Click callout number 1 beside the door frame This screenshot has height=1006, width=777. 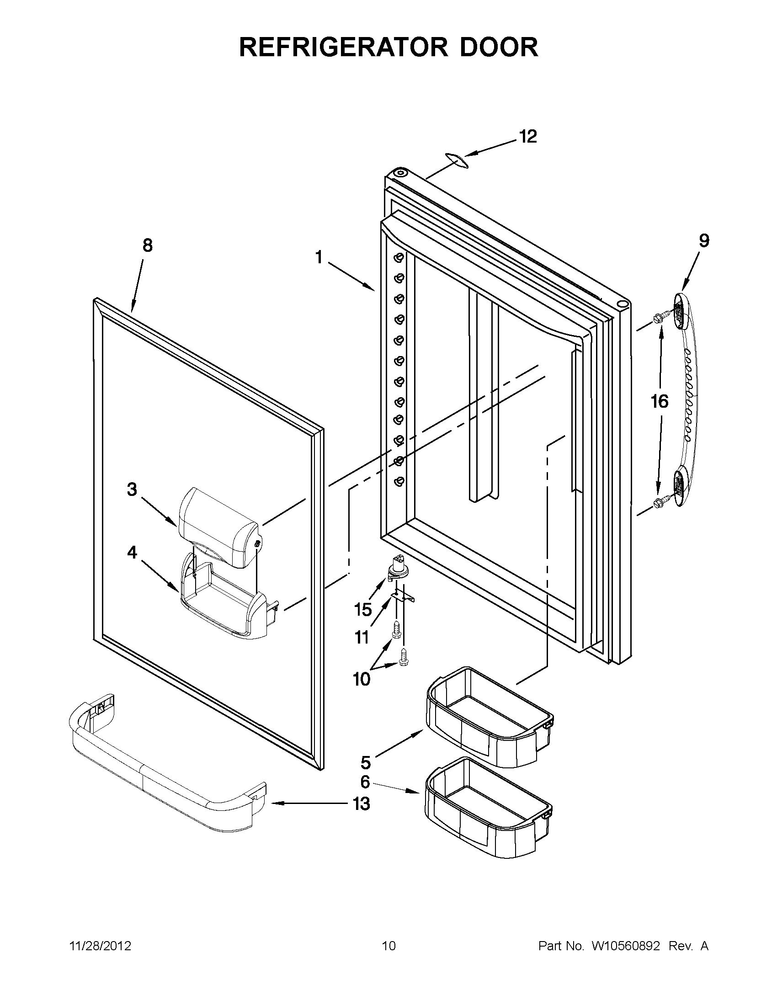click(x=319, y=257)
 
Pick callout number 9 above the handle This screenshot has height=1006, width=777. click(x=704, y=240)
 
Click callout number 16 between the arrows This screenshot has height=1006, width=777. click(x=660, y=401)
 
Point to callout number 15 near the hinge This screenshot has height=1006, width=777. click(x=363, y=609)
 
